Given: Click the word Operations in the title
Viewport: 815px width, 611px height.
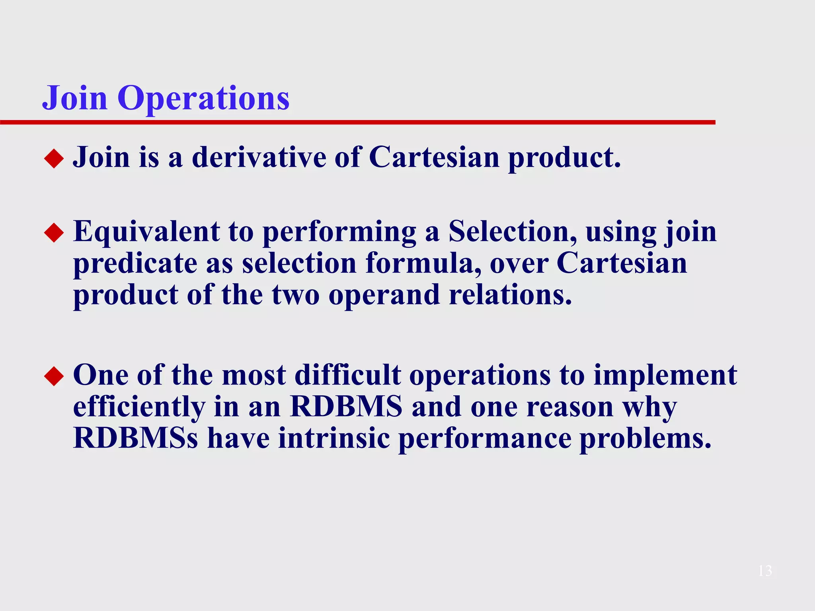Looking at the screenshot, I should [x=203, y=98].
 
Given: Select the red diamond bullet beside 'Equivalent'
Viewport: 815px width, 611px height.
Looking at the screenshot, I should [x=54, y=232].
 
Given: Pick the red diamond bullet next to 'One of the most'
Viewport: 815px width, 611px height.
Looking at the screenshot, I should [x=54, y=376].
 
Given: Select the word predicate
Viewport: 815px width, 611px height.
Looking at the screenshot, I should [x=135, y=264].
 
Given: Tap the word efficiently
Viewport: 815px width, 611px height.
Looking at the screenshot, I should [x=139, y=407].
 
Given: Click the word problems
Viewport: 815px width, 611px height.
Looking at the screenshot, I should [x=645, y=439].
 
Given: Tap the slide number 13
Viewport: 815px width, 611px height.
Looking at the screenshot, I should [x=765, y=571].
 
